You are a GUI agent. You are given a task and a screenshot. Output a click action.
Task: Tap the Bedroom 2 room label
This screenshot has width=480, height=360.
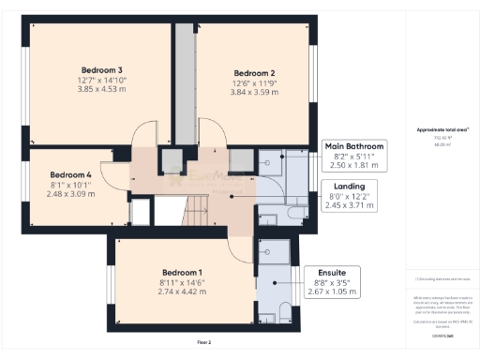pyautogui.click(x=253, y=73)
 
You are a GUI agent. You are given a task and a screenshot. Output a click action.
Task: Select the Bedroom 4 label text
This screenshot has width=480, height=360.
pyautogui.click(x=70, y=174)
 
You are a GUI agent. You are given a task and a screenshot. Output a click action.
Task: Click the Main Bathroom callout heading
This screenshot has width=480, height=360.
pyautogui.click(x=353, y=147)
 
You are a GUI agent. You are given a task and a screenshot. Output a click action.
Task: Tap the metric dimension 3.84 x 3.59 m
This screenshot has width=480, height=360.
pyautogui.click(x=253, y=93)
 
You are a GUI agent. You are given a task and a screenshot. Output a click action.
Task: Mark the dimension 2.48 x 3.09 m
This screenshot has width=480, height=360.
pyautogui.click(x=70, y=194)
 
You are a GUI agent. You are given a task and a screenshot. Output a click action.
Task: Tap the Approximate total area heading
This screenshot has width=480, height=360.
pyautogui.click(x=438, y=129)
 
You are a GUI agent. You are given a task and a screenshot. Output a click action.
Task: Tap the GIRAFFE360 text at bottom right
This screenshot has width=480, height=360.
pyautogui.click(x=438, y=335)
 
